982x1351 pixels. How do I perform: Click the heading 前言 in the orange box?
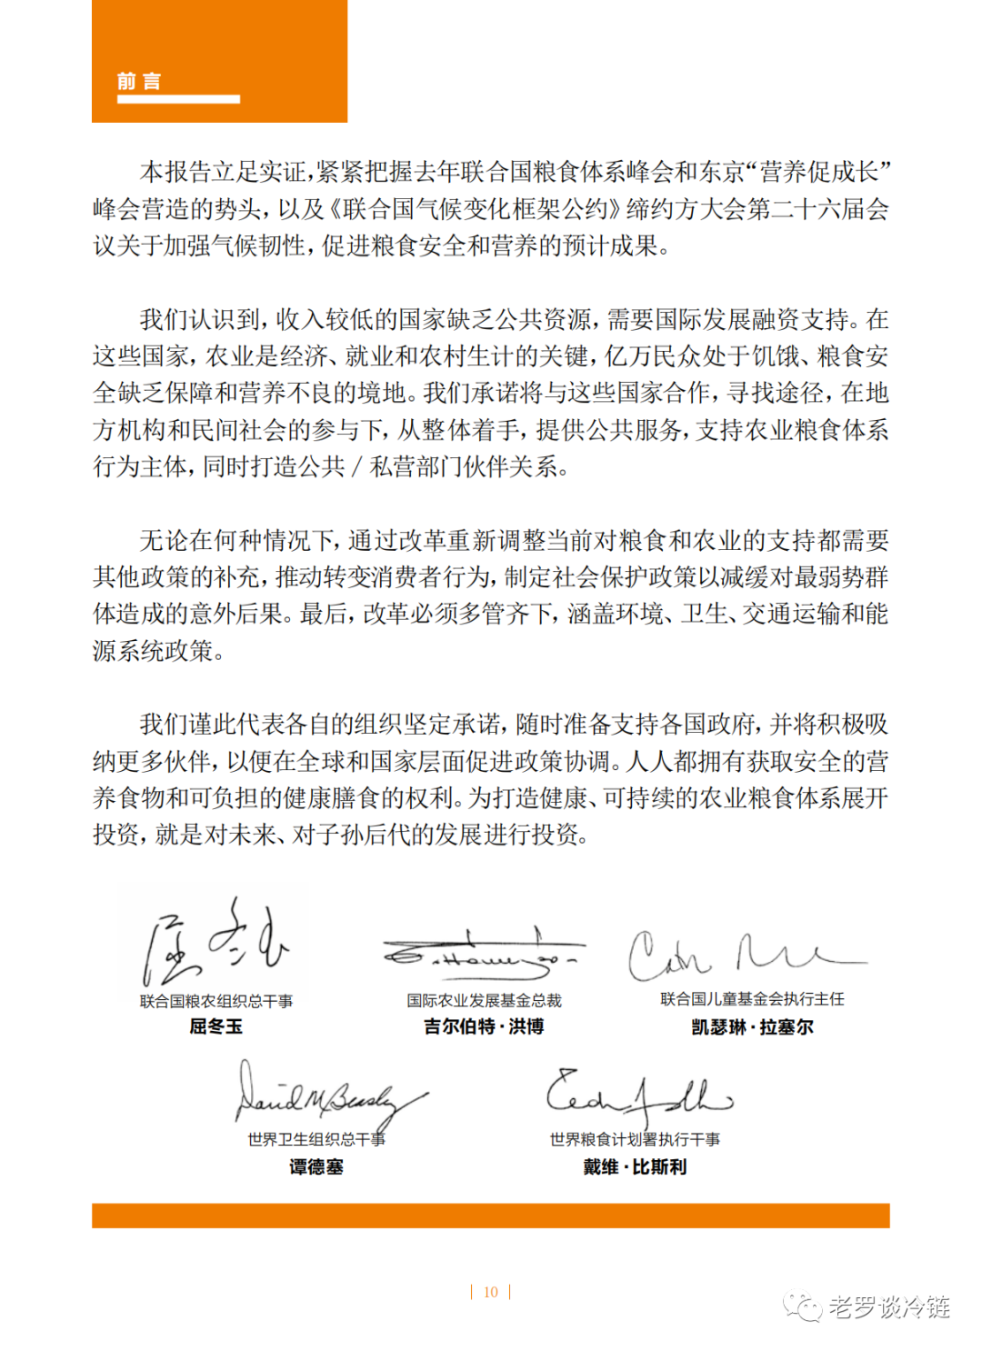click(x=139, y=81)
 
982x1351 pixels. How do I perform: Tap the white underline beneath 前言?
click(x=178, y=99)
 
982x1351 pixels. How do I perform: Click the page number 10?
click(x=491, y=1292)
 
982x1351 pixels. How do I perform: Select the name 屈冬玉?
click(x=215, y=1026)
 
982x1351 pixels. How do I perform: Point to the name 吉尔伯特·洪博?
click(x=484, y=1026)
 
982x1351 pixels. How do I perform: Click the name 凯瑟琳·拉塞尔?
click(x=752, y=1027)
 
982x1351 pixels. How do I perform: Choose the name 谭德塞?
click(x=316, y=1166)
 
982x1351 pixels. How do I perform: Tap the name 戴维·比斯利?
click(x=635, y=1166)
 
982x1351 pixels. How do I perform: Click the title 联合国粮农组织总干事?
click(x=215, y=1001)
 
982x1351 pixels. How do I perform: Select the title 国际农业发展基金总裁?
click(x=484, y=1000)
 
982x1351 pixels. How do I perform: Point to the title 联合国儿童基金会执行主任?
click(x=752, y=999)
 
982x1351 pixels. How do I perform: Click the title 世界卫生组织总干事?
click(x=316, y=1139)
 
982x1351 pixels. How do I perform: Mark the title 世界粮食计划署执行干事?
click(x=635, y=1139)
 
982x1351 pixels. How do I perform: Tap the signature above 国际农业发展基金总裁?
click(x=482, y=953)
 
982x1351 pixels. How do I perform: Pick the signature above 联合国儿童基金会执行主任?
click(x=741, y=955)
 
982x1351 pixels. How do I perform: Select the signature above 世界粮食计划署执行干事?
click(x=636, y=1096)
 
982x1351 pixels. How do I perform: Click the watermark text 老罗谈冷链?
click(x=888, y=1307)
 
